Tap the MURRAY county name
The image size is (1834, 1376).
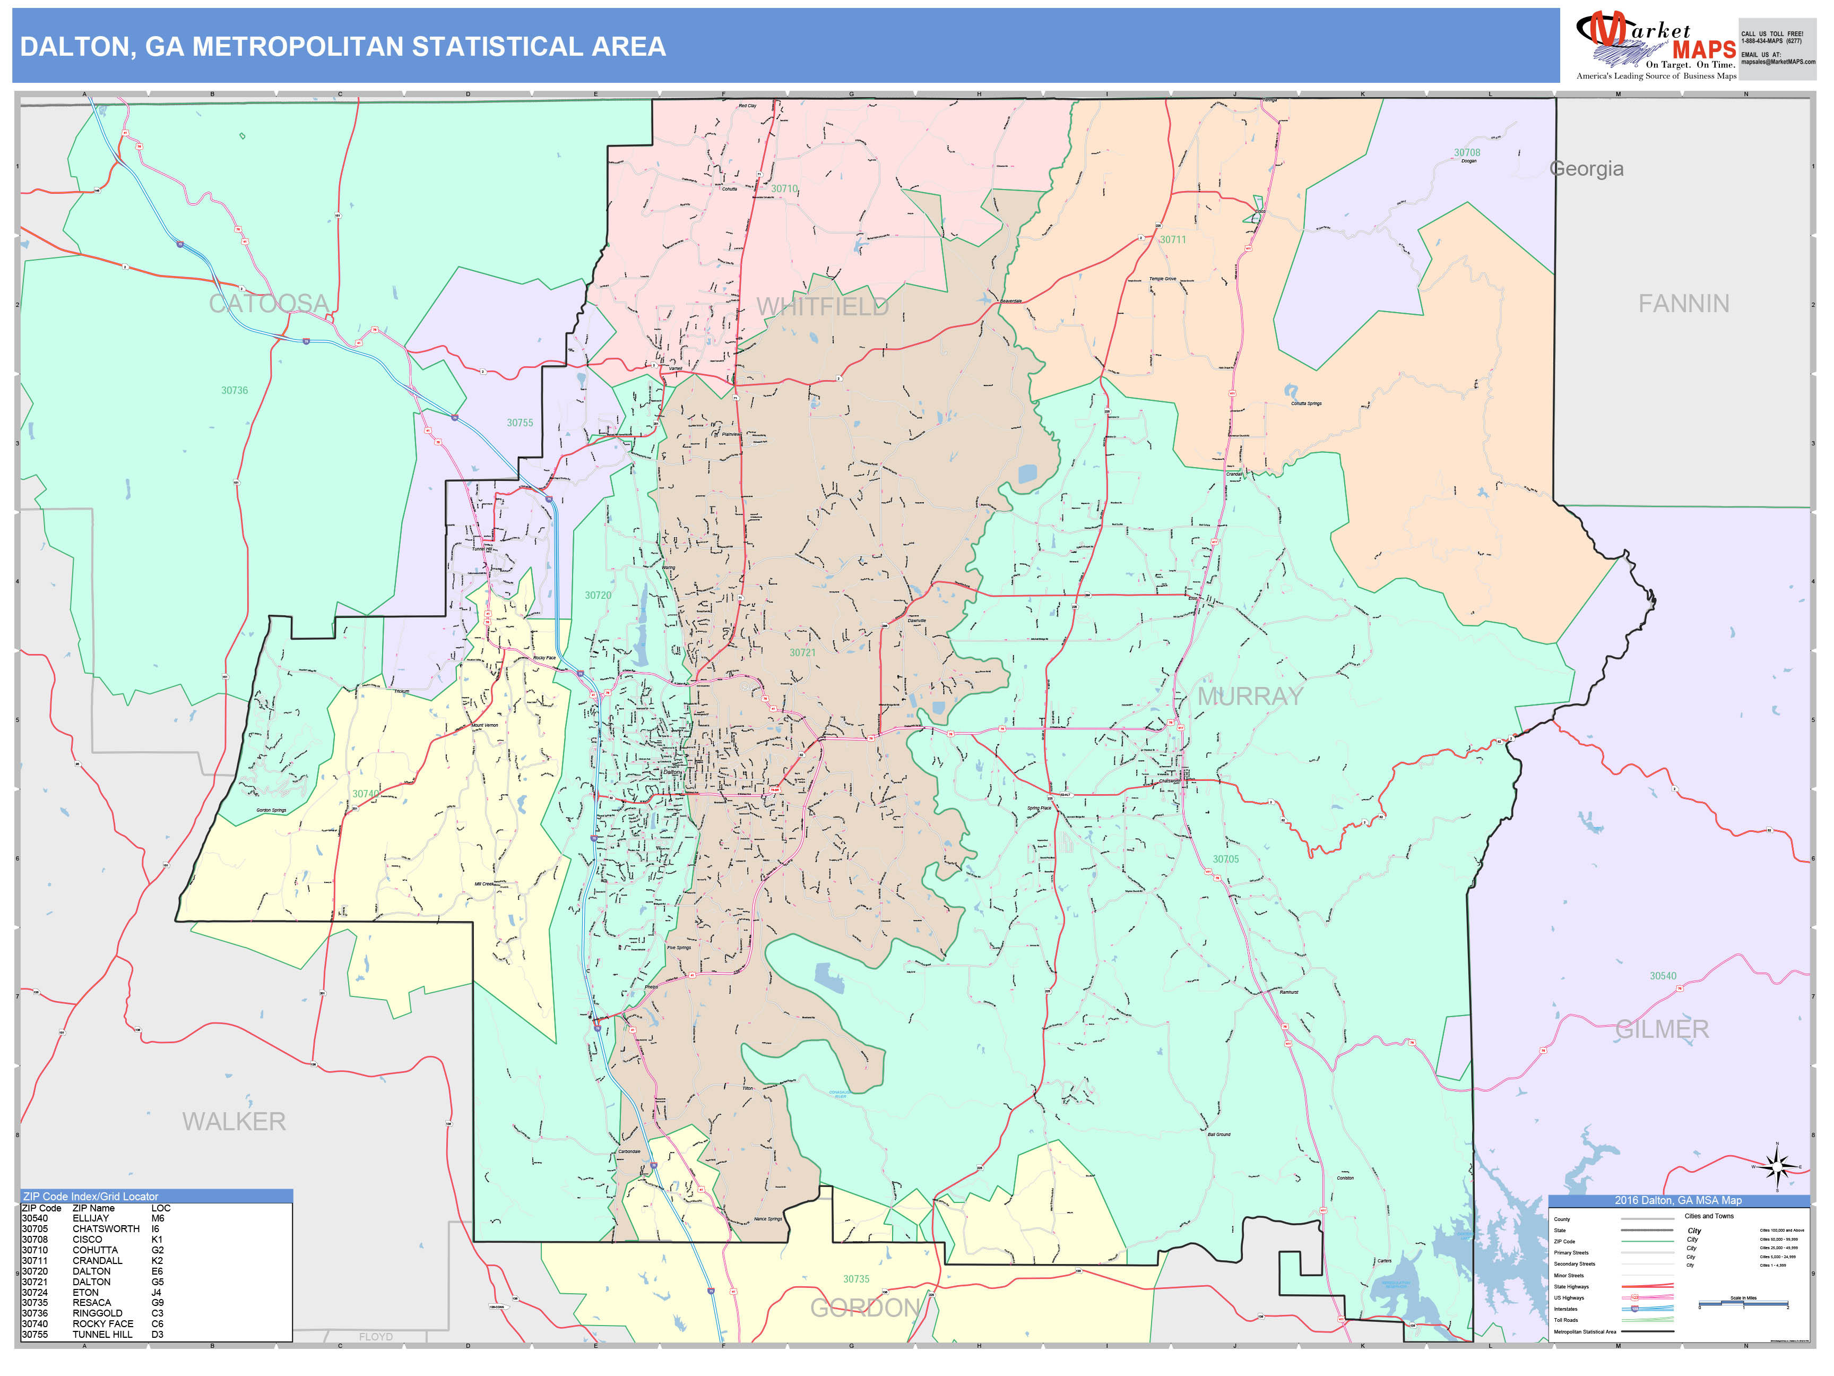(1250, 696)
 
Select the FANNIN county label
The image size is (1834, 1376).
(1683, 304)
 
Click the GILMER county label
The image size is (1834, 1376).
(1662, 1029)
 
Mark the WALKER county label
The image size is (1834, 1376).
(234, 1121)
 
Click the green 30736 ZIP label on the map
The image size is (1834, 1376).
(234, 391)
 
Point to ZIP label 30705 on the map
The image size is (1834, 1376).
(1225, 859)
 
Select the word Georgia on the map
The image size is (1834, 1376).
(1586, 169)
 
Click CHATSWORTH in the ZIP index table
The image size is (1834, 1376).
(106, 1229)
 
